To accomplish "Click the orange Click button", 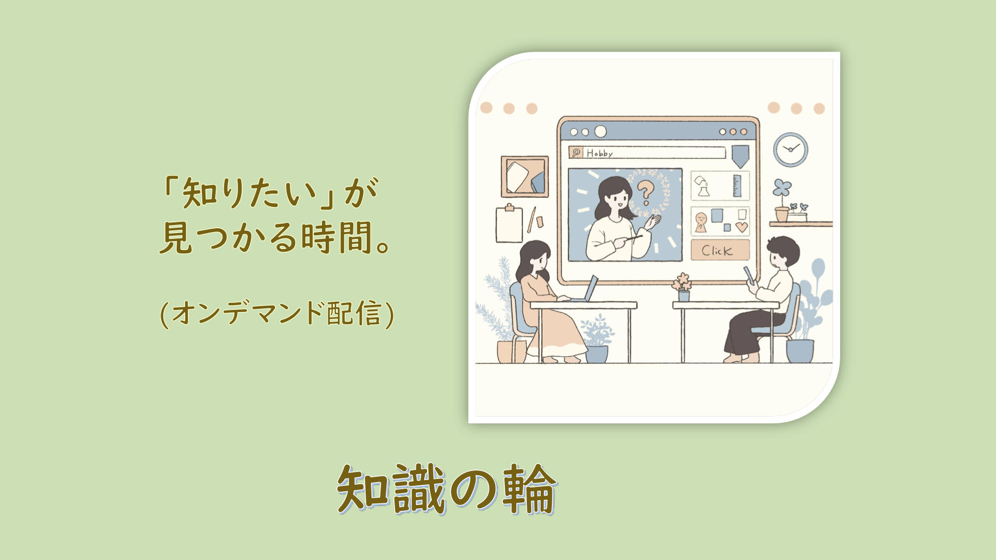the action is (x=720, y=250).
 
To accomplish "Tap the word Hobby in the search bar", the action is (x=599, y=153).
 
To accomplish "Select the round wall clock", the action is (x=791, y=149).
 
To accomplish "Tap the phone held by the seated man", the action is (x=749, y=275).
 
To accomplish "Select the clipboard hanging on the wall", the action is (x=509, y=223).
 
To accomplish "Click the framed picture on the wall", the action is (x=525, y=177).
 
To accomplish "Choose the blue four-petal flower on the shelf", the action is (x=782, y=187).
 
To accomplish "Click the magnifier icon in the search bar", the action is (x=576, y=153).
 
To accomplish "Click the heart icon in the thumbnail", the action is (x=741, y=227).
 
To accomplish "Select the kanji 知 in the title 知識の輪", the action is (x=363, y=489).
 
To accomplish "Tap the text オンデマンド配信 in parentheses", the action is (x=276, y=313).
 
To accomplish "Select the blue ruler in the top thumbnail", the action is (x=737, y=186).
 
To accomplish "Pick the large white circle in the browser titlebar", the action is (x=600, y=131).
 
